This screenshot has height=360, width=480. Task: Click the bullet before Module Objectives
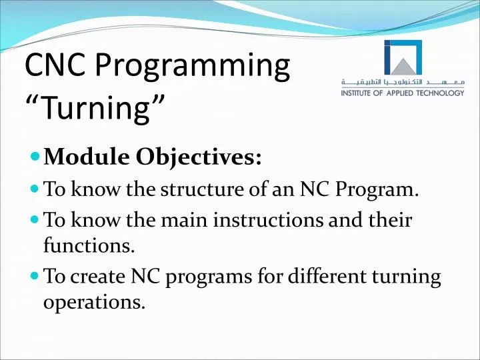coord(35,159)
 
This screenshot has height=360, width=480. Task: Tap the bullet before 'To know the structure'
coord(35,189)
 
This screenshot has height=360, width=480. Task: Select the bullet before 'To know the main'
coord(35,219)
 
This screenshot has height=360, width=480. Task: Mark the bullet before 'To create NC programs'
coord(35,276)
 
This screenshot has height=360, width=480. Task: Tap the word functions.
coord(89,247)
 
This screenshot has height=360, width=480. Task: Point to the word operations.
coord(94,304)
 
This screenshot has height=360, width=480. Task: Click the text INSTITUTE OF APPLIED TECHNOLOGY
coord(403,93)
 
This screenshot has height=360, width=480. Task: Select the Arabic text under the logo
coord(403,83)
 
